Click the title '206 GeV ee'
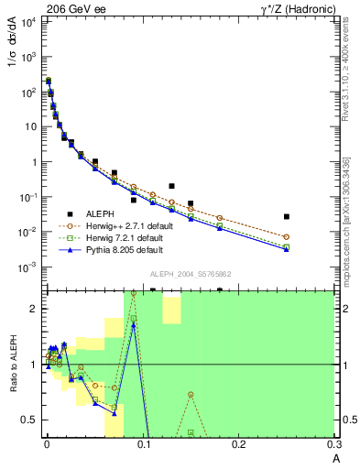point(71,7)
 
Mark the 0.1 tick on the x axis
point(142,448)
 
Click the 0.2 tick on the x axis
point(240,448)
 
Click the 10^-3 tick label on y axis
point(28,267)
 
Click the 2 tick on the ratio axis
point(34,309)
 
